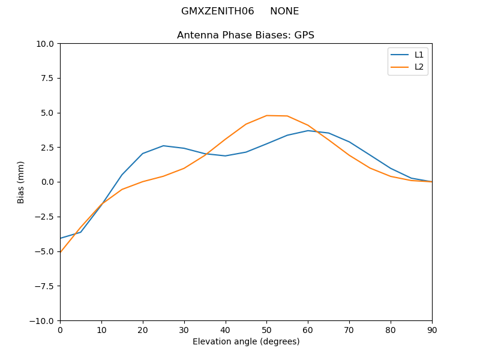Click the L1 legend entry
click(x=419, y=55)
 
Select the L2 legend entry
click(x=419, y=67)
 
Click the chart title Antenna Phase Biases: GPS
click(x=245, y=35)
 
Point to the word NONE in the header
click(x=284, y=11)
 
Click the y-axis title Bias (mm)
click(x=21, y=182)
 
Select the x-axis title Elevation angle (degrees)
click(x=246, y=342)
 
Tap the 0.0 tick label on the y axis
click(x=48, y=182)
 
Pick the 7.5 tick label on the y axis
click(x=48, y=78)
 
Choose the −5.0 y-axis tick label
click(x=46, y=251)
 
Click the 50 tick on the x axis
click(x=266, y=330)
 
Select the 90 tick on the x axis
click(x=432, y=330)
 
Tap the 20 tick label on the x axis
click(x=143, y=330)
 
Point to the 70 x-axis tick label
click(x=349, y=330)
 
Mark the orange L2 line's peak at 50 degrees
click(x=266, y=115)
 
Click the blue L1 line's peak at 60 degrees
click(x=308, y=131)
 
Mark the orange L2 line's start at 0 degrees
click(x=61, y=252)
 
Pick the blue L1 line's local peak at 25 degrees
click(x=163, y=146)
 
